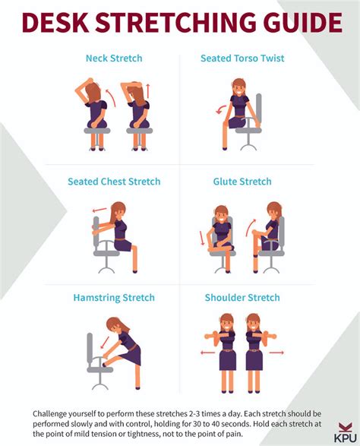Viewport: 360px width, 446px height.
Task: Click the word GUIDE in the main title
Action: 303,23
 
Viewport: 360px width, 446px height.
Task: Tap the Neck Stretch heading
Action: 114,59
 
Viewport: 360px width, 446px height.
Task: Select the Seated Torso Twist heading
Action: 242,59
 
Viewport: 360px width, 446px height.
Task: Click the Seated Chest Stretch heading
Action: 114,182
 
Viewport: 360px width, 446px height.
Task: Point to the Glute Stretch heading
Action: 242,182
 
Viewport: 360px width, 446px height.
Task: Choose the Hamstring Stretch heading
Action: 114,298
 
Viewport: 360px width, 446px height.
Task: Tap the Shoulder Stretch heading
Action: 242,298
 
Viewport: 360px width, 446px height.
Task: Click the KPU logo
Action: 346,432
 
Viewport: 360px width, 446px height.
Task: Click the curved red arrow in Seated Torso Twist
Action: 221,109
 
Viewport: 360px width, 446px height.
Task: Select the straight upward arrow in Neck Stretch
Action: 148,91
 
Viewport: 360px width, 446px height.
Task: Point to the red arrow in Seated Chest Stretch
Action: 99,210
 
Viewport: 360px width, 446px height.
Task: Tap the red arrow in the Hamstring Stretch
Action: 106,342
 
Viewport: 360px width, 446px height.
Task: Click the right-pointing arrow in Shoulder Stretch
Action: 276,353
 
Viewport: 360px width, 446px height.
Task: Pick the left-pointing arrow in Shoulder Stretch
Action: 207,353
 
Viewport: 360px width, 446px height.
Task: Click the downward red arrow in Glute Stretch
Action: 202,238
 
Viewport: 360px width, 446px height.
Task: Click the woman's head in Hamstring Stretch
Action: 116,325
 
